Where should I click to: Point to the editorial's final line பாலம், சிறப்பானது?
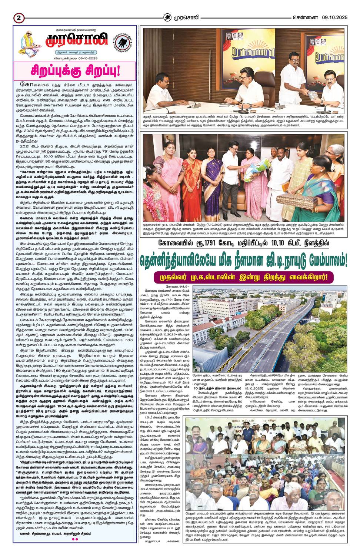pos(74,533)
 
